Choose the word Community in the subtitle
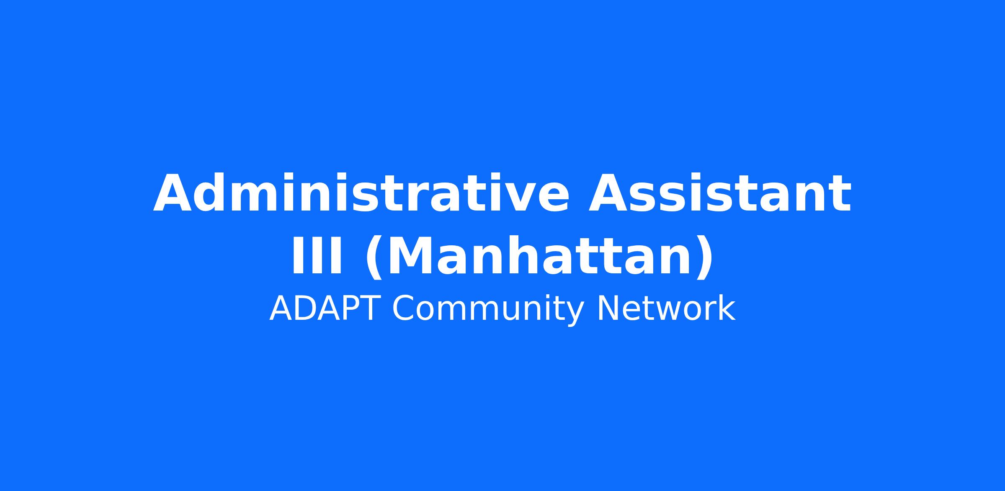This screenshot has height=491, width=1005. tap(488, 310)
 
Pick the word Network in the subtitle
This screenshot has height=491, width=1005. tap(666, 308)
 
